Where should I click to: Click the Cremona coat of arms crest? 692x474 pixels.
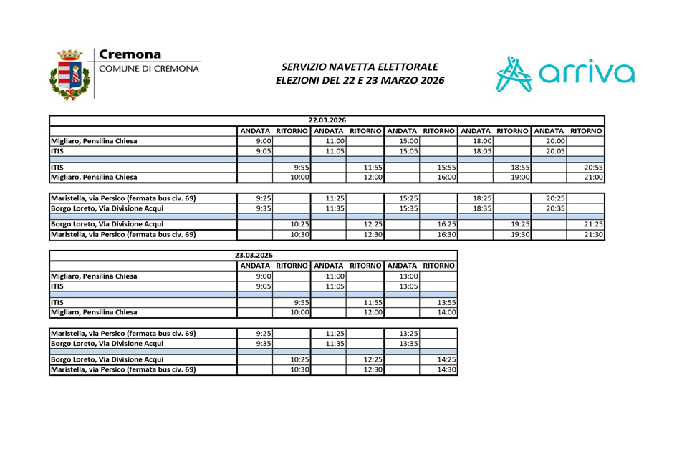[69, 74]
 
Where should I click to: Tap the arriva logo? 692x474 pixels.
[565, 74]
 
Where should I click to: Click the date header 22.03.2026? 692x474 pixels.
[327, 120]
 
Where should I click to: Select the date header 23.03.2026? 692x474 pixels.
[254, 255]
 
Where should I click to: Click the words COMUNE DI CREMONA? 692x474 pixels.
[149, 69]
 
